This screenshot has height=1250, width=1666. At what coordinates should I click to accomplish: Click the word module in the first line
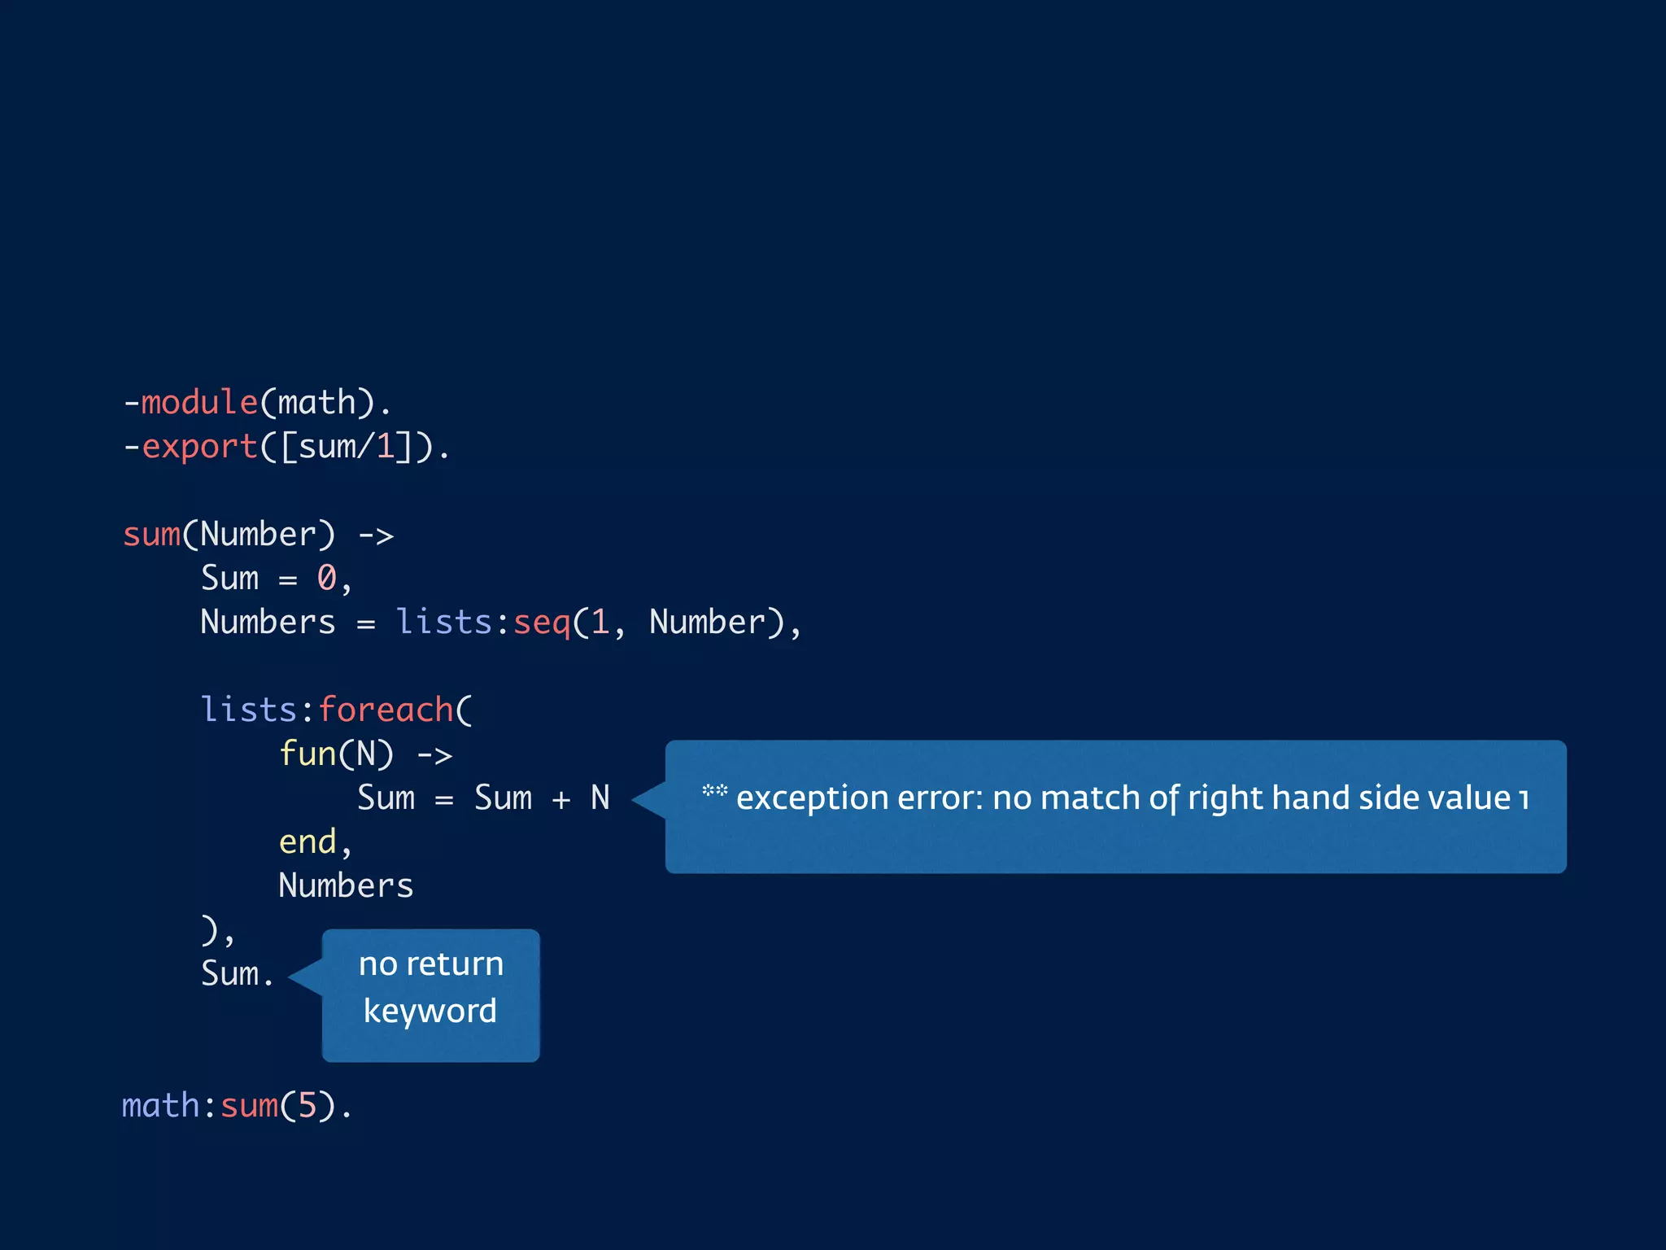pyautogui.click(x=199, y=403)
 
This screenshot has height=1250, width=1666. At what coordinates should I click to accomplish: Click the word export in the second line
pyautogui.click(x=199, y=447)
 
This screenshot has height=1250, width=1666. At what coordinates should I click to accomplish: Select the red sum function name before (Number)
pyautogui.click(x=151, y=535)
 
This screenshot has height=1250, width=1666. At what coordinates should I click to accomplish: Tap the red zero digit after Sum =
pyautogui.click(x=327, y=579)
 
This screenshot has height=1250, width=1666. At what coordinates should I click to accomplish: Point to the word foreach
pyautogui.click(x=386, y=710)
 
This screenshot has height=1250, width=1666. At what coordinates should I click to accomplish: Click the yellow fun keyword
pyautogui.click(x=307, y=754)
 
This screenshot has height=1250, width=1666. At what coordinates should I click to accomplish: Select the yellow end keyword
pyautogui.click(x=307, y=842)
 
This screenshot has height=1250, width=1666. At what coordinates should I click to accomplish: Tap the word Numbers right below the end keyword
pyautogui.click(x=346, y=886)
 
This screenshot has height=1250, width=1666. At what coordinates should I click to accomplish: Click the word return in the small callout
pyautogui.click(x=455, y=964)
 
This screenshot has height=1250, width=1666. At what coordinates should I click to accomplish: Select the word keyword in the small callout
pyautogui.click(x=430, y=1011)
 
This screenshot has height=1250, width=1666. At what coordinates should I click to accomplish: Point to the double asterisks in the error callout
pyautogui.click(x=714, y=790)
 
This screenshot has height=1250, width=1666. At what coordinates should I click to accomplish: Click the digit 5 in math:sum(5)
pyautogui.click(x=307, y=1106)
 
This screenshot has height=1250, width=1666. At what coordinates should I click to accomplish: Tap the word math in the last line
pyautogui.click(x=160, y=1106)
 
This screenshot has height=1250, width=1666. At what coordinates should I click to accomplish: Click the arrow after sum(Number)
pyautogui.click(x=376, y=535)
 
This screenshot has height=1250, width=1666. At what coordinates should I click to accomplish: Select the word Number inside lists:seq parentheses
pyautogui.click(x=707, y=623)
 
